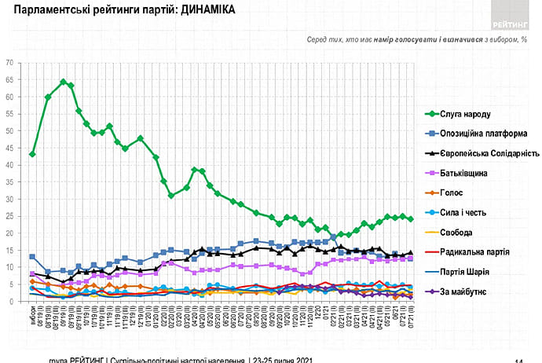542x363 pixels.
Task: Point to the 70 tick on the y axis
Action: click(9, 62)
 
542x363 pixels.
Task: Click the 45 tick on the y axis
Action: click(9, 148)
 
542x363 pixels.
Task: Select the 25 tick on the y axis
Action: click(9, 216)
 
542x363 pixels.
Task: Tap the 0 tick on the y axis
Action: click(11, 302)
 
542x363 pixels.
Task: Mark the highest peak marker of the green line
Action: click(63, 82)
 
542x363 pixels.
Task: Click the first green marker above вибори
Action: click(32, 154)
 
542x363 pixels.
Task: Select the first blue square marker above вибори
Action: click(32, 257)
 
